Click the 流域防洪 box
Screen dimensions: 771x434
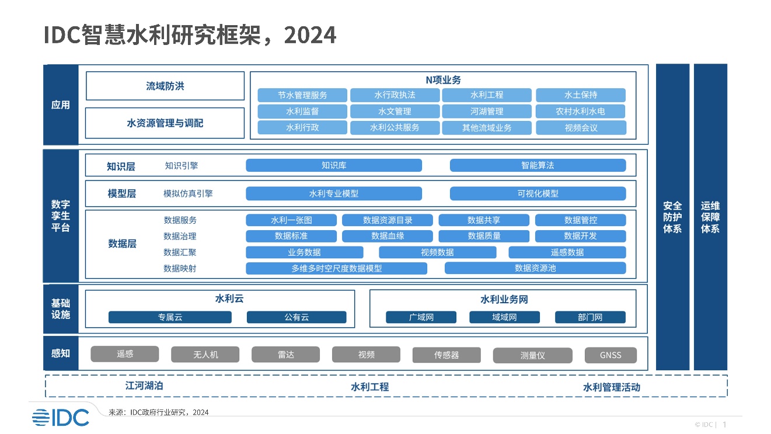[x=165, y=86]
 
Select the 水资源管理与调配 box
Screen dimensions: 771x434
[x=165, y=123]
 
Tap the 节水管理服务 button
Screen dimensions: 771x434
[x=302, y=95]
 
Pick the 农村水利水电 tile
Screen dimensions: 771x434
[x=580, y=111]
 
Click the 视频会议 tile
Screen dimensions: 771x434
[x=581, y=128]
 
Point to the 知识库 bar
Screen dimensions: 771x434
[x=333, y=165]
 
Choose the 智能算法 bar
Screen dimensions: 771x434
[x=538, y=165]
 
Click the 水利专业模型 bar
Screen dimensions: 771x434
[x=333, y=193]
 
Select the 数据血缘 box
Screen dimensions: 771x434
[x=387, y=236]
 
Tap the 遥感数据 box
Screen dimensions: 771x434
[x=567, y=252]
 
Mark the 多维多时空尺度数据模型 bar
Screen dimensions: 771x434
[x=336, y=268]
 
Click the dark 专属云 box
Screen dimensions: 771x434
[x=170, y=317]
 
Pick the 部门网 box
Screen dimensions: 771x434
[x=590, y=317]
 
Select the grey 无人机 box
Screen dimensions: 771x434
[x=205, y=355]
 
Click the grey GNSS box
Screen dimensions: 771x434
[x=610, y=355]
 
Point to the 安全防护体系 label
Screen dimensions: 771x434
[x=672, y=217]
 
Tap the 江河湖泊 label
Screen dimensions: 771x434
[x=144, y=386]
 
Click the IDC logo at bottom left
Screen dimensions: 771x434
[x=61, y=418]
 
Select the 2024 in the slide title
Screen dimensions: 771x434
[x=310, y=35]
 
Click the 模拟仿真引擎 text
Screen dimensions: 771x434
[x=188, y=193]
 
